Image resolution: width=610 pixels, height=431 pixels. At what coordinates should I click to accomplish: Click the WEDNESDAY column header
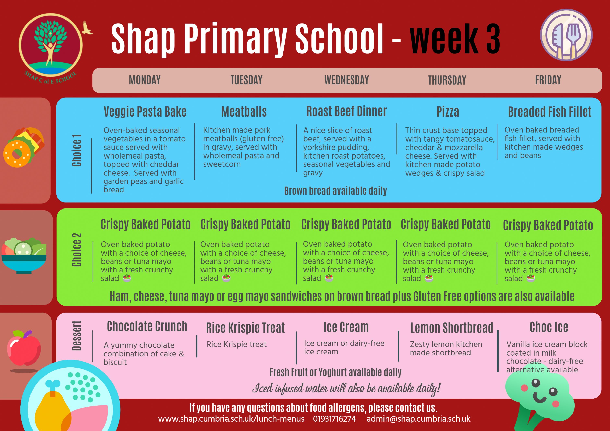point(346,80)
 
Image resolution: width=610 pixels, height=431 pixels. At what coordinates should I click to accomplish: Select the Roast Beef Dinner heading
point(346,112)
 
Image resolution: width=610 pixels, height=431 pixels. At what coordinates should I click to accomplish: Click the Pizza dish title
point(448,112)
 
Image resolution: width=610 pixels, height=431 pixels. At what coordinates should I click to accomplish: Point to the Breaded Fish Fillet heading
point(550,112)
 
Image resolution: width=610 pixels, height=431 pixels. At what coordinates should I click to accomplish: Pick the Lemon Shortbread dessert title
point(452,328)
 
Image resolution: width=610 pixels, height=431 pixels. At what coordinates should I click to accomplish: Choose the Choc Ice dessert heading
point(549,327)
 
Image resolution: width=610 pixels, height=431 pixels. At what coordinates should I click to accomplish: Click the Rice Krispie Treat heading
point(245,328)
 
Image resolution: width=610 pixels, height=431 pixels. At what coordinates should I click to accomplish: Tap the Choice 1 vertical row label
point(76,151)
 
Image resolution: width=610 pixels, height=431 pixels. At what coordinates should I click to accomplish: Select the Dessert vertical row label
point(76,336)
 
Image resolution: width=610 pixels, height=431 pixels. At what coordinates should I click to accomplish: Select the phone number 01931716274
point(334,419)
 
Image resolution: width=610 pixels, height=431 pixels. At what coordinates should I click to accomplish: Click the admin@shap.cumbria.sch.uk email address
point(418,419)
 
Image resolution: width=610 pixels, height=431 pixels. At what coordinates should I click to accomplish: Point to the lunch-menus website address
point(231,419)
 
